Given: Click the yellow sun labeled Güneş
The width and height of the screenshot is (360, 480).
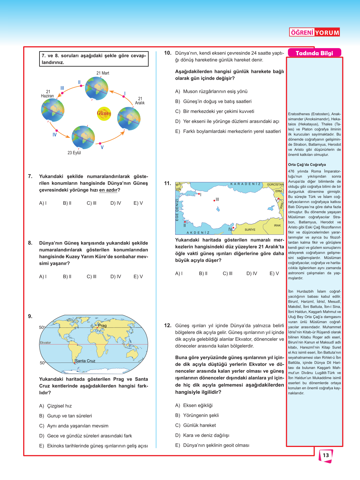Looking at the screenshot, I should [x=104, y=114].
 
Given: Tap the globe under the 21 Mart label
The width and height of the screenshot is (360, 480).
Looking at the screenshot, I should [x=97, y=88].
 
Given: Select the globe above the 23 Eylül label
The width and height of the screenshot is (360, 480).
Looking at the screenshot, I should [x=83, y=137].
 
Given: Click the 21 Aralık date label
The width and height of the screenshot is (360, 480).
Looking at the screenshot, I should [x=140, y=101].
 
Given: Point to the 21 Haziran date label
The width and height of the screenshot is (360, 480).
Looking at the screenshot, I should [x=47, y=94].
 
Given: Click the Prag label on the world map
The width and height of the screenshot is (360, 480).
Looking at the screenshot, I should [x=102, y=326].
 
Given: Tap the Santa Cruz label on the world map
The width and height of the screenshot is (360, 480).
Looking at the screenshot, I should [x=85, y=361].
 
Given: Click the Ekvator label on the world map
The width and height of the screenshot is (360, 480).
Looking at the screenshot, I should [x=45, y=342].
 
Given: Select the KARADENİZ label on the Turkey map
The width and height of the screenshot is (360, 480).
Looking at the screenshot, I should [x=245, y=184].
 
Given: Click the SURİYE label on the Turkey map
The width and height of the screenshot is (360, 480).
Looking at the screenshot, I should [x=250, y=230].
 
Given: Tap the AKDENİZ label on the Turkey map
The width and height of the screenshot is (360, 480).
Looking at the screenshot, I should [x=198, y=233].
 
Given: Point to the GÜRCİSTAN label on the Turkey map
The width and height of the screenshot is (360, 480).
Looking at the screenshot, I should [x=275, y=184].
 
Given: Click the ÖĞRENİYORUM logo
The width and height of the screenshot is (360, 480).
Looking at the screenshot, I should [x=315, y=32].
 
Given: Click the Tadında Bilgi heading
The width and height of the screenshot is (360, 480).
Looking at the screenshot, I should [x=314, y=53].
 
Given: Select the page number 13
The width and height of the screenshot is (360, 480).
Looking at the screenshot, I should [x=326, y=455].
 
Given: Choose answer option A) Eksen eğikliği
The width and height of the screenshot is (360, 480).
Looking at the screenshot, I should [x=194, y=405].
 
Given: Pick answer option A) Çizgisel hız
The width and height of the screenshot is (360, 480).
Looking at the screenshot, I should [x=56, y=406].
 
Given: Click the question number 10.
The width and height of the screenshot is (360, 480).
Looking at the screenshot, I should [x=168, y=53].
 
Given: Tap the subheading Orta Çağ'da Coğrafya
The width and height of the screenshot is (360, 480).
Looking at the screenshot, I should [x=307, y=165].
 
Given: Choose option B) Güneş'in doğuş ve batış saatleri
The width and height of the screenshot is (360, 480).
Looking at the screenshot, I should [x=213, y=101].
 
